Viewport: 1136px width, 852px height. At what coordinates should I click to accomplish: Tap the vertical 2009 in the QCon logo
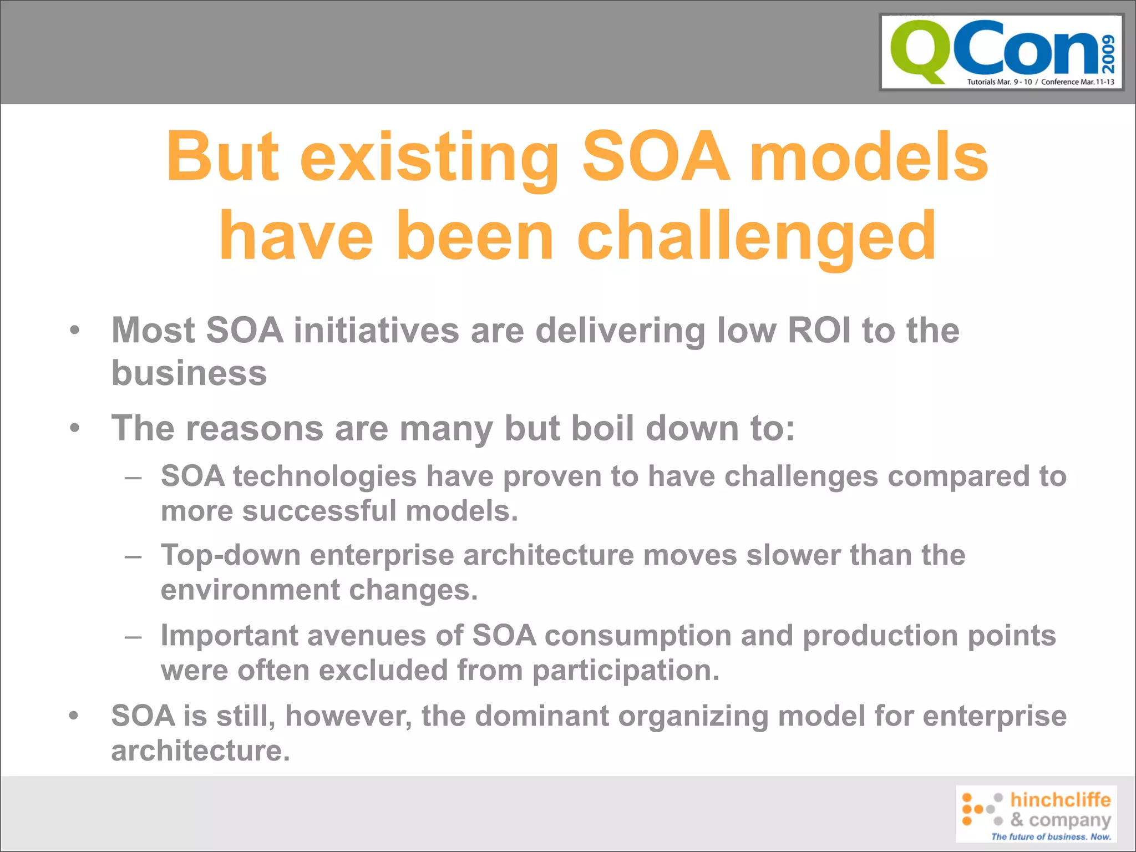(1108, 54)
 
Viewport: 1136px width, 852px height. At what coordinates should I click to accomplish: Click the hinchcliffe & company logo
(1036, 814)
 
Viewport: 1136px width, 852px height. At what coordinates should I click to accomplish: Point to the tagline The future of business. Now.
(1051, 836)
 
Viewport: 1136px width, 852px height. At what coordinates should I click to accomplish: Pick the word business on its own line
(189, 373)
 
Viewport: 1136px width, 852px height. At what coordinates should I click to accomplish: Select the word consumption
(638, 636)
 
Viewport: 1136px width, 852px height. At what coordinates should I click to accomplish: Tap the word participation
(626, 671)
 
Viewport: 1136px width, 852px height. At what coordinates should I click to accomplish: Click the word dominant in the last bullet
(542, 716)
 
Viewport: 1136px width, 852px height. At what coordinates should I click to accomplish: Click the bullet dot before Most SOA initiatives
(75, 331)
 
